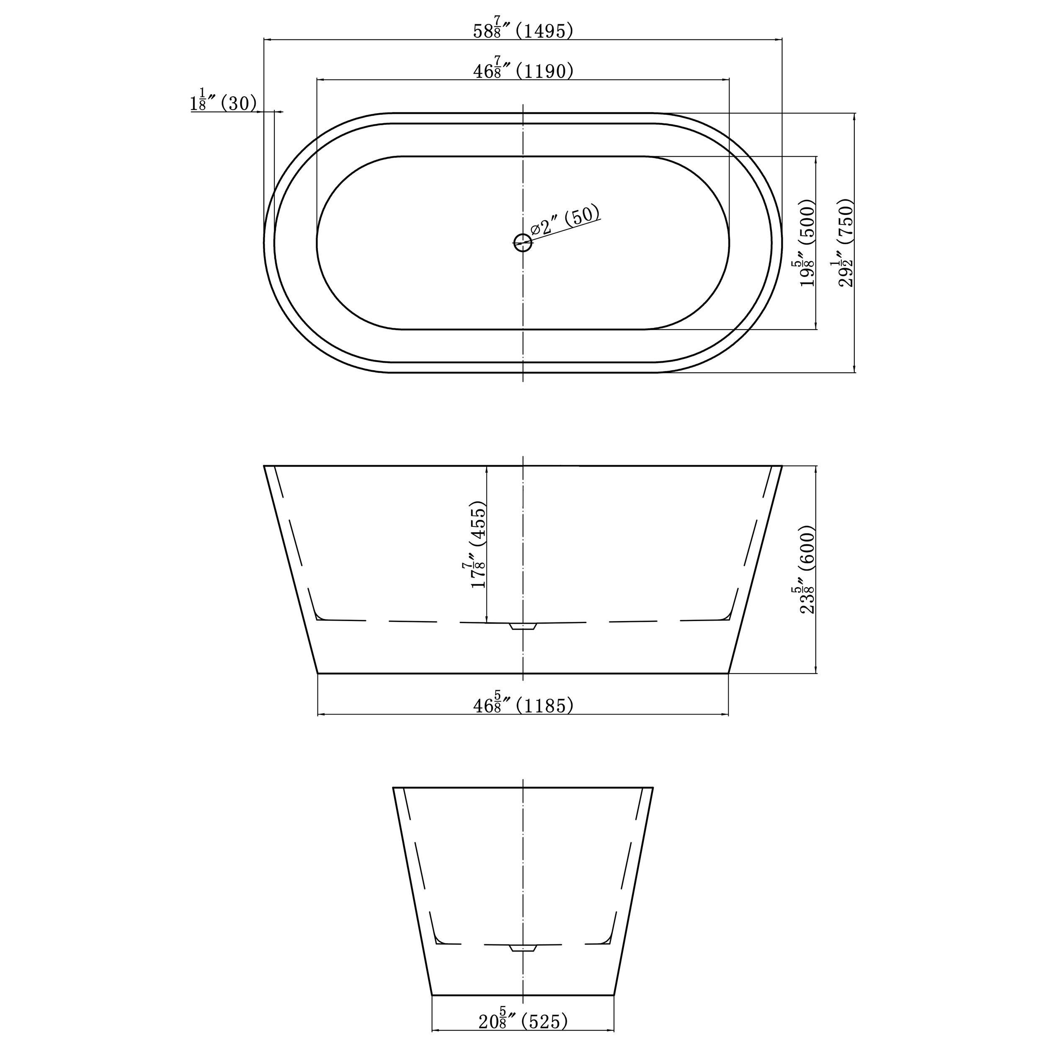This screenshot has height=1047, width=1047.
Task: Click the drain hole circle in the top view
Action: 522,242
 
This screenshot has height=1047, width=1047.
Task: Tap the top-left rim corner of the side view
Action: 264,466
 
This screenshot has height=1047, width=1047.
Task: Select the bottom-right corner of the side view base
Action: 728,673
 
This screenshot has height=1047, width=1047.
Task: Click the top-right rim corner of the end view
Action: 652,787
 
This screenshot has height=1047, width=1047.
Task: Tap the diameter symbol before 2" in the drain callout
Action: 535,229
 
